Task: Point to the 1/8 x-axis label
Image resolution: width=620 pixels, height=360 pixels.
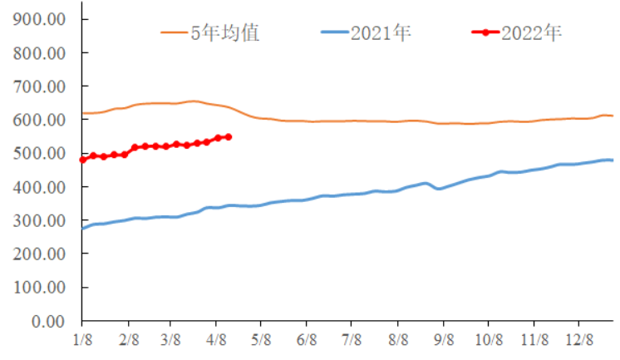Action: pyautogui.click(x=82, y=340)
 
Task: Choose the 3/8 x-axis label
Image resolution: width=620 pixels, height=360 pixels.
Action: pyautogui.click(x=170, y=340)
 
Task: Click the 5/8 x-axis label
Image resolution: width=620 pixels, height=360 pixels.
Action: pyautogui.click(x=260, y=340)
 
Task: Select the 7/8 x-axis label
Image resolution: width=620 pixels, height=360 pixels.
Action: pyautogui.click(x=351, y=340)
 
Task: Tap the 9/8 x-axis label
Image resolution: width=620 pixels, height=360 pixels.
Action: pyautogui.click(x=443, y=340)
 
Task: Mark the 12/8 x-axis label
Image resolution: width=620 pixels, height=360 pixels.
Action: pyautogui.click(x=578, y=340)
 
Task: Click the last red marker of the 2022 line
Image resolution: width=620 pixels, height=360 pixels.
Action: pyautogui.click(x=228, y=136)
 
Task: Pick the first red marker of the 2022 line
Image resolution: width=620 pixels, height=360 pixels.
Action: pyautogui.click(x=82, y=160)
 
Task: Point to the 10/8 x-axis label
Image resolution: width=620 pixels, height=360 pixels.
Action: pyautogui.click(x=488, y=340)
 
